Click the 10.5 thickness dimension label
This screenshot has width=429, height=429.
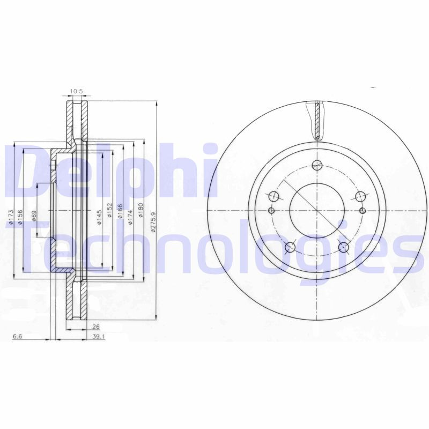pyautogui.click(x=77, y=91)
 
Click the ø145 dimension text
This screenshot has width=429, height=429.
pyautogui.click(x=100, y=218)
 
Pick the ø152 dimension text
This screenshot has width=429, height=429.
pyautogui.click(x=110, y=214)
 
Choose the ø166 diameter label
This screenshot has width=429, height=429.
pyautogui.click(x=120, y=213)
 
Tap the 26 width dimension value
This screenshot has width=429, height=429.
pyautogui.click(x=96, y=327)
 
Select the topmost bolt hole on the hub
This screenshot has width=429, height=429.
pyautogui.click(x=316, y=165)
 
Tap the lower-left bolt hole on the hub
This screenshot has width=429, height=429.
pyautogui.click(x=290, y=247)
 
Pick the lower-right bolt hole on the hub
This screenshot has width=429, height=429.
pyautogui.click(x=343, y=247)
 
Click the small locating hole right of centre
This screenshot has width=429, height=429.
pyautogui.click(x=363, y=210)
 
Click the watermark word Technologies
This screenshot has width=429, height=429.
pyautogui.click(x=214, y=249)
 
